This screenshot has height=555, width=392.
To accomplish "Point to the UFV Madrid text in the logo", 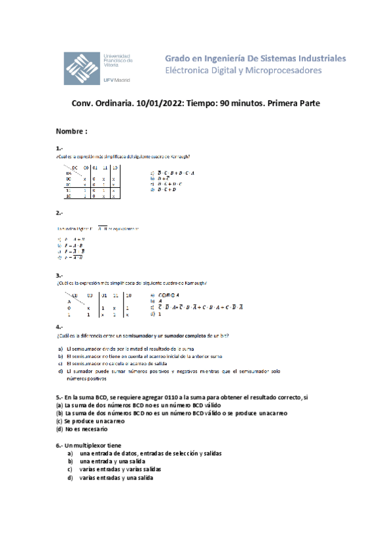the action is [x=116, y=79].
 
